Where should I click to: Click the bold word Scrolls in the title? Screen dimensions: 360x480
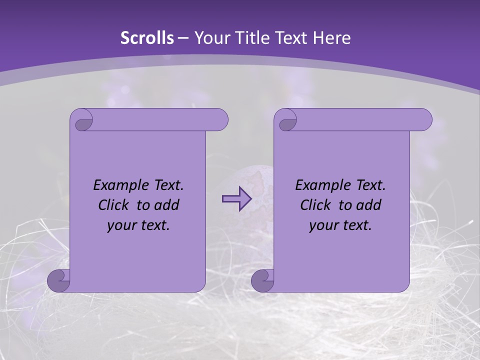[x=147, y=38]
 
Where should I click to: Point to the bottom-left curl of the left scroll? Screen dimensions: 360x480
[x=58, y=281]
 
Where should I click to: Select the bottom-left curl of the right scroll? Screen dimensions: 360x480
[x=262, y=281]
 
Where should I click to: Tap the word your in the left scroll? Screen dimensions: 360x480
[x=121, y=225]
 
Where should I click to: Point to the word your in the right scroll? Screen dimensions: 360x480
[x=323, y=225]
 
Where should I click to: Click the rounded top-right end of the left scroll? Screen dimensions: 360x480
[x=220, y=120]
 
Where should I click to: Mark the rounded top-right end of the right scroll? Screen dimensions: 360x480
[x=424, y=120]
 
